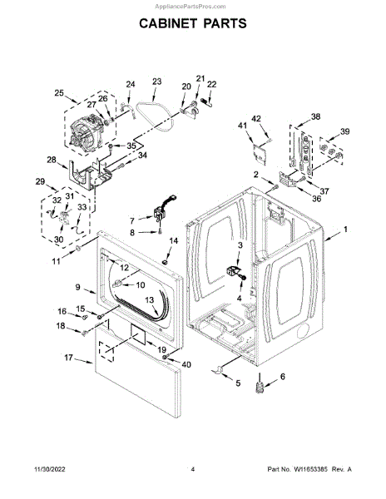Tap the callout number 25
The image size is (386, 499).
59,93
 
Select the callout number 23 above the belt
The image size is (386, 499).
157,82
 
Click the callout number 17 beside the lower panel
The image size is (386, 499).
69,358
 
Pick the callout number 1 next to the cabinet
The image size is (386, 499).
345,230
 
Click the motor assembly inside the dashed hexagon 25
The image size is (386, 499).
87,132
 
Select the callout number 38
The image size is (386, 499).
315,116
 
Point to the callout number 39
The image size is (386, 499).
345,131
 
